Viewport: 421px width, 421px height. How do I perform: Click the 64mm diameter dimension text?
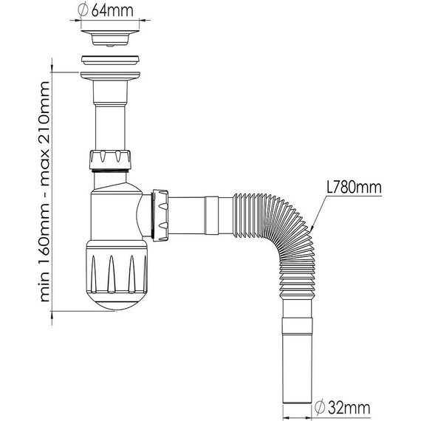112,10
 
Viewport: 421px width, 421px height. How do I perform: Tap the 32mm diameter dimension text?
349,408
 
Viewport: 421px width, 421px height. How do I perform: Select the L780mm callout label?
354,187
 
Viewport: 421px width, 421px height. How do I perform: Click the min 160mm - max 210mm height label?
45,191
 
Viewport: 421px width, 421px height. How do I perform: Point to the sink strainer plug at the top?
110,38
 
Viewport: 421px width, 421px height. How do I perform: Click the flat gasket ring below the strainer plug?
110,60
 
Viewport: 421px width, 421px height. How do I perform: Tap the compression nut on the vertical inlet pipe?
110,160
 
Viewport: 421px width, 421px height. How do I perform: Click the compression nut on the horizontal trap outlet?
160,216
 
